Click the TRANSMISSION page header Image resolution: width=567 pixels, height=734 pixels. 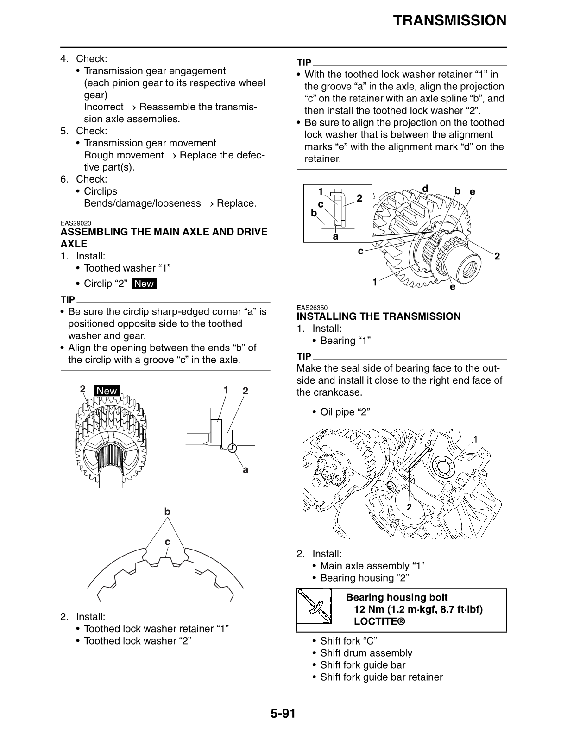click(449, 21)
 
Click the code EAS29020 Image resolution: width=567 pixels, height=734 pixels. click(76, 223)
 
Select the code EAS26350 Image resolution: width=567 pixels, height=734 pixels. click(312, 308)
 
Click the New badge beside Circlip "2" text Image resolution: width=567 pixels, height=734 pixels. click(144, 284)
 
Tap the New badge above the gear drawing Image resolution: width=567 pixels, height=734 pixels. click(107, 391)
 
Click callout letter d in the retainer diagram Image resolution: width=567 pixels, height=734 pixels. click(425, 188)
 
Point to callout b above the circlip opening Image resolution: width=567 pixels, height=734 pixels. click(167, 512)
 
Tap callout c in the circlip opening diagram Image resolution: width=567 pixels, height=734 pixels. click(167, 542)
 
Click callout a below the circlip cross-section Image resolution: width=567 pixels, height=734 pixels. click(246, 470)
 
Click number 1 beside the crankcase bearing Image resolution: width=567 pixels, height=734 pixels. click(475, 439)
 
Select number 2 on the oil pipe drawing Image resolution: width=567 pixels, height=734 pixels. click(409, 507)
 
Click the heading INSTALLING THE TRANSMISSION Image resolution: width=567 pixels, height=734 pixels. click(378, 316)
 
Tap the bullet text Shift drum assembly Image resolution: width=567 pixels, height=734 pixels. click(366, 653)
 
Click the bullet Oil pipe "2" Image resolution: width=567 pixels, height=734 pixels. click(345, 412)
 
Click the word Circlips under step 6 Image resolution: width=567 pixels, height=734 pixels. click(101, 191)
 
